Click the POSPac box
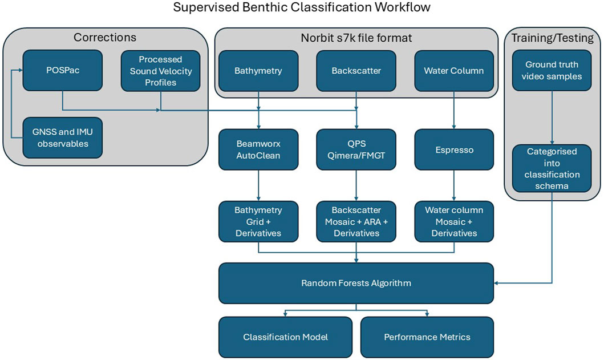pos(62,71)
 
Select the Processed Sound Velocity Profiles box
pos(161,71)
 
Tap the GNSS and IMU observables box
pos(62,137)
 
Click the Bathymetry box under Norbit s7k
pos(258,71)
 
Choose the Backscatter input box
pos(356,71)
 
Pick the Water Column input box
pos(454,71)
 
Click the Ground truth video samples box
pos(552,71)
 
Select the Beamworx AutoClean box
pos(258,149)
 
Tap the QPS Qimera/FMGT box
pos(356,149)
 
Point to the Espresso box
pos(454,149)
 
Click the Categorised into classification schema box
pos(552,168)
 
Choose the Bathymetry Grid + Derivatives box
pos(258,221)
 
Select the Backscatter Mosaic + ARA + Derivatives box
pos(356,221)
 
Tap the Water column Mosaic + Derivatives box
pos(454,221)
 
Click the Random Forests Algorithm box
pos(356,284)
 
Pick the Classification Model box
pos(285,337)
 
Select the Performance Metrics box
pos(427,337)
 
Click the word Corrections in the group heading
pos(105,38)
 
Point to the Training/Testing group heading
pos(552,38)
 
